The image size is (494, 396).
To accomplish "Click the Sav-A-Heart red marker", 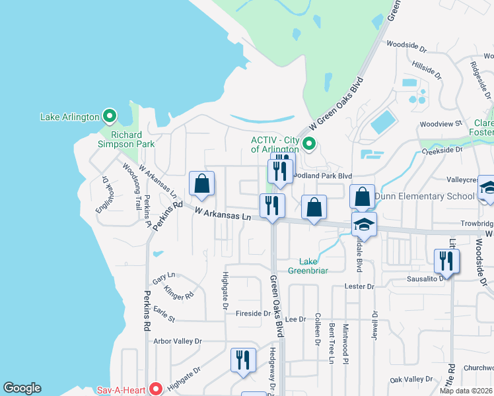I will click(156, 389).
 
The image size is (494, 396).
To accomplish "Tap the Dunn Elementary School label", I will click(424, 196).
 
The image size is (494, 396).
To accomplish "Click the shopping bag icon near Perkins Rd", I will click(201, 185).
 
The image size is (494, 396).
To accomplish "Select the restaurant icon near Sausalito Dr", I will click(446, 261).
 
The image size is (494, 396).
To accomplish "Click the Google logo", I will click(22, 388).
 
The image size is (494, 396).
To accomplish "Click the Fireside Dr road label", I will click(254, 313).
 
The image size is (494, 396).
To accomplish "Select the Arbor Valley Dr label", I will click(177, 341).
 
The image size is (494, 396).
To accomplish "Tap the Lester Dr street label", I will click(359, 286).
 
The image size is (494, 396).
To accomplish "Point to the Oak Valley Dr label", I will click(411, 379).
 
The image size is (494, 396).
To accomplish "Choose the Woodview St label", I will click(441, 123).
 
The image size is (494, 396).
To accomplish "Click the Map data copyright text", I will click(466, 391).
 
